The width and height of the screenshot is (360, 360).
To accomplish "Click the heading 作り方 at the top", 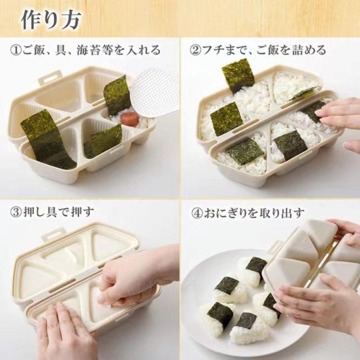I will (51, 18).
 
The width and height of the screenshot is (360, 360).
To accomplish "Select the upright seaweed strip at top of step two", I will (238, 75).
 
